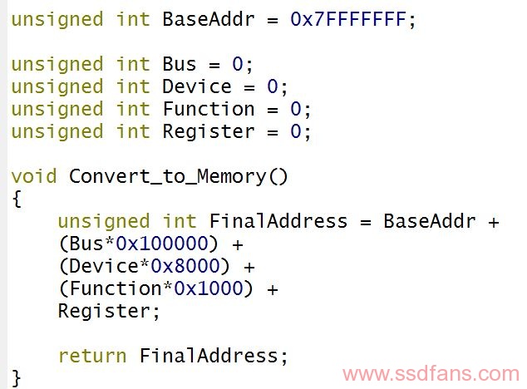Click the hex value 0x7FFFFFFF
pos(348,19)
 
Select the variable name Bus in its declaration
pos(179,64)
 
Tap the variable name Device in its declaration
pos(197,86)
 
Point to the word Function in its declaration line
pos(209,109)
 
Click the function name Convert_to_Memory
pos(168,176)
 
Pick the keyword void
pos(33,176)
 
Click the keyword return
pos(92,356)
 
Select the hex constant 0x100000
pos(162,243)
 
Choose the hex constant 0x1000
pos(209,288)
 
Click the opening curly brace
pos(17,199)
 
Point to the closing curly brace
pos(16,378)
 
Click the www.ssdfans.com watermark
pos(431,373)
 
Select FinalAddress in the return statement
pos(209,356)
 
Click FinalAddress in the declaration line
pos(278,221)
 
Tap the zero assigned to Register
pos(295,131)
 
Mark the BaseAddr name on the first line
pos(209,19)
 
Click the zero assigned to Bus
pos(237,64)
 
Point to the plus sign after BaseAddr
pos(494,222)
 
